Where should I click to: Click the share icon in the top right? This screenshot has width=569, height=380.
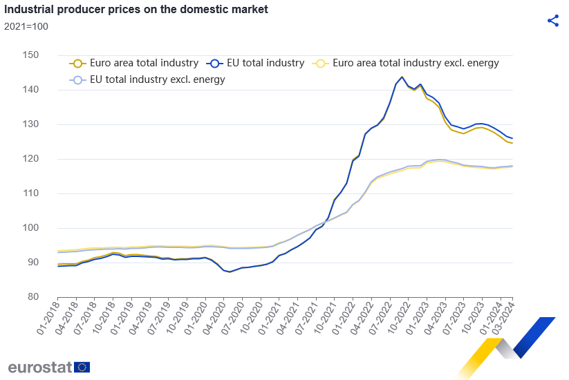point(552,20)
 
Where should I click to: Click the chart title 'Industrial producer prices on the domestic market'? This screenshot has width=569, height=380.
point(136,10)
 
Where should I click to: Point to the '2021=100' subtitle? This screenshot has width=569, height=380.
point(26,26)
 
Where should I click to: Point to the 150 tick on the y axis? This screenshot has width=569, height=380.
point(30,55)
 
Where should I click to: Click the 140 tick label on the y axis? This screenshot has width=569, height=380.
point(30,90)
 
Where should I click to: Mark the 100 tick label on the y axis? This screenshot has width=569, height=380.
point(30,228)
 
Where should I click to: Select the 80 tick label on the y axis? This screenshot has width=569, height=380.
point(32,297)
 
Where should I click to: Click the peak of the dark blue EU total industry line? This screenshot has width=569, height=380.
point(402,77)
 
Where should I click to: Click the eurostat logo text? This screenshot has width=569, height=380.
point(39,367)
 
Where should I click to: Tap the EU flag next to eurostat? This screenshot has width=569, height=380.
point(82,367)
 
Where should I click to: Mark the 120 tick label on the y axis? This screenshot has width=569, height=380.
point(30,159)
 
